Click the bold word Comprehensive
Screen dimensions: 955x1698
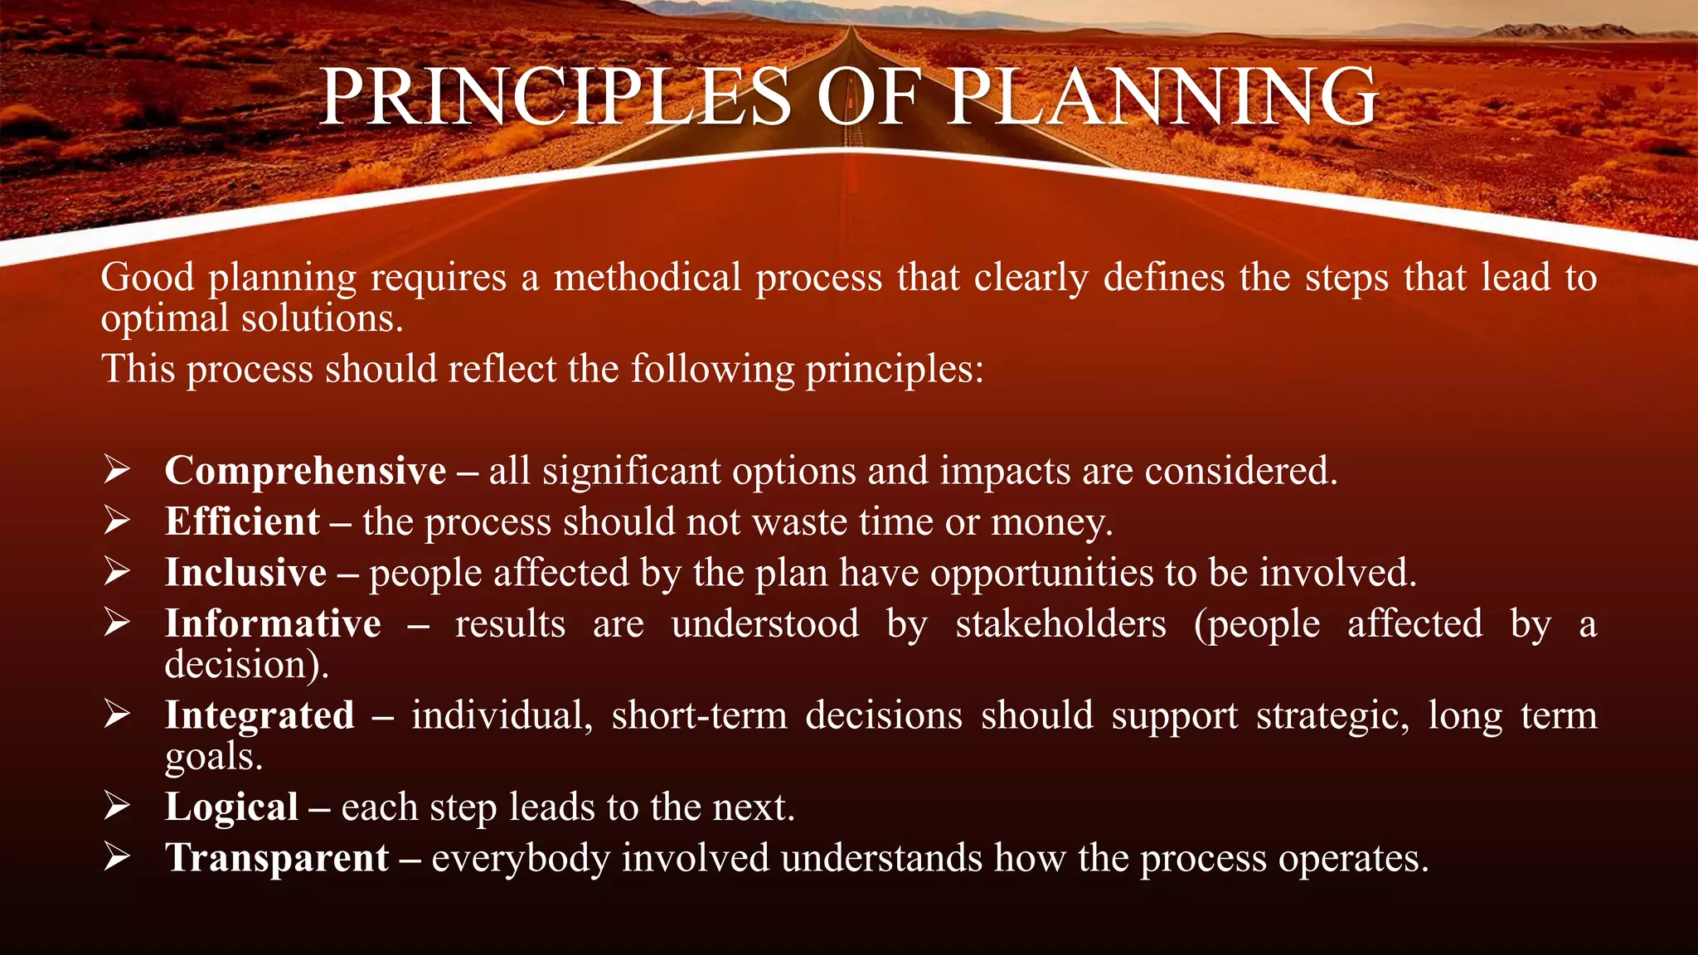point(305,471)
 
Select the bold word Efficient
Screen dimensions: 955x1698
point(242,521)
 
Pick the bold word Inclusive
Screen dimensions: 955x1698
point(245,573)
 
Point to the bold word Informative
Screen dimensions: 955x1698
point(273,623)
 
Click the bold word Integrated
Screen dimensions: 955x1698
point(260,715)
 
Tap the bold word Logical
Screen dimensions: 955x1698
point(231,807)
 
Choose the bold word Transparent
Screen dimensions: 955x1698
point(277,858)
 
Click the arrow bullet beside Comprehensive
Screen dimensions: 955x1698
point(117,470)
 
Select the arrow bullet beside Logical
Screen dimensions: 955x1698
point(117,807)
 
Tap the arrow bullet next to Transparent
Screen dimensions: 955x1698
point(117,857)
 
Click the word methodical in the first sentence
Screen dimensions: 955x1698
point(647,277)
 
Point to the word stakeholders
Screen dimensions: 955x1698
point(1060,623)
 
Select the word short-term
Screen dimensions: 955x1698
point(699,715)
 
